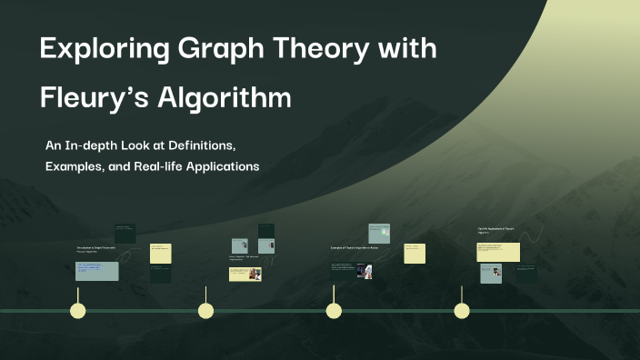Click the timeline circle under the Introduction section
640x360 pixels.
(x=78, y=311)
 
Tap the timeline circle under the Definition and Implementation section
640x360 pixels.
(x=206, y=311)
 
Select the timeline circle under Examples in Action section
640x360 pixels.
(x=334, y=311)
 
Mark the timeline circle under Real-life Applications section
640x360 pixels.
(x=462, y=311)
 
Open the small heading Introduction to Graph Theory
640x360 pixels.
(x=95, y=247)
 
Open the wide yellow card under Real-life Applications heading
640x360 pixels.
(x=498, y=252)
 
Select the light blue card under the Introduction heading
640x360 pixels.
(x=96, y=271)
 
